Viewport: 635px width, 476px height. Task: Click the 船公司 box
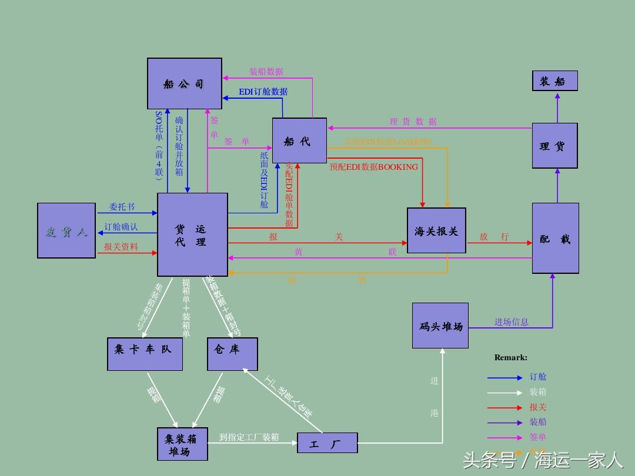pos(184,83)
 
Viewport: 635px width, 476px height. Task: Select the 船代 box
pos(299,141)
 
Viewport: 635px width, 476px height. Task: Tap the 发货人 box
pos(66,231)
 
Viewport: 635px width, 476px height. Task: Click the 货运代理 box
pos(192,234)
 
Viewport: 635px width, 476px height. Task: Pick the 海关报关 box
pos(436,231)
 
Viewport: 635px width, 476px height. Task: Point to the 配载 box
pos(555,238)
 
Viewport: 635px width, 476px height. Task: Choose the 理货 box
pos(554,146)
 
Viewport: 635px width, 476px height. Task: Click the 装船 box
pos(554,81)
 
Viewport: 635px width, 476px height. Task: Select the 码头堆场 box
pos(440,326)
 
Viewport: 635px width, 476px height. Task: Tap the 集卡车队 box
pos(145,354)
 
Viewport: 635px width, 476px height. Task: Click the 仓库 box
pos(232,354)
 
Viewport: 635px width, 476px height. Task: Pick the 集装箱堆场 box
pos(183,444)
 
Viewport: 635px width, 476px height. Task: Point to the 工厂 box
pos(327,443)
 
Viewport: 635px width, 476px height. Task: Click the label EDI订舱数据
pos(263,92)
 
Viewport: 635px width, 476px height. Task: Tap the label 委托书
pos(122,207)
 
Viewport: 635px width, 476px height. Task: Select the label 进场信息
pos(511,322)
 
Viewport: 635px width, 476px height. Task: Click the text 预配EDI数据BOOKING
pos(373,167)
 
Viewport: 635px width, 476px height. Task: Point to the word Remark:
pos(510,357)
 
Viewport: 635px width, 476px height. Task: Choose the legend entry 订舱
pos(537,377)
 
